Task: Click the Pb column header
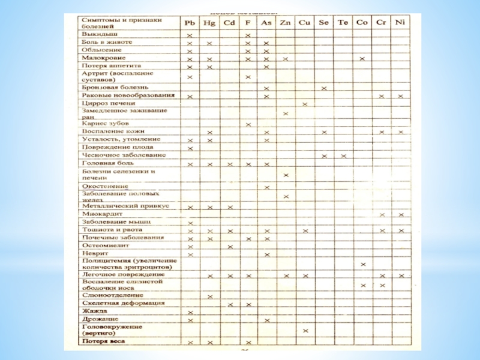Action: (190, 23)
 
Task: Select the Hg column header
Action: (209, 23)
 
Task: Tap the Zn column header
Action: (286, 23)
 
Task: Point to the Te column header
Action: (343, 23)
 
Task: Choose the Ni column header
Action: (400, 23)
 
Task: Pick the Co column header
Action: (362, 23)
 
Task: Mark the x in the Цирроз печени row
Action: (305, 104)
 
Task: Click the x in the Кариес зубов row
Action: (248, 124)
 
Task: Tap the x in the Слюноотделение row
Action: (209, 296)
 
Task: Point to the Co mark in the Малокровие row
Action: (362, 59)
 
